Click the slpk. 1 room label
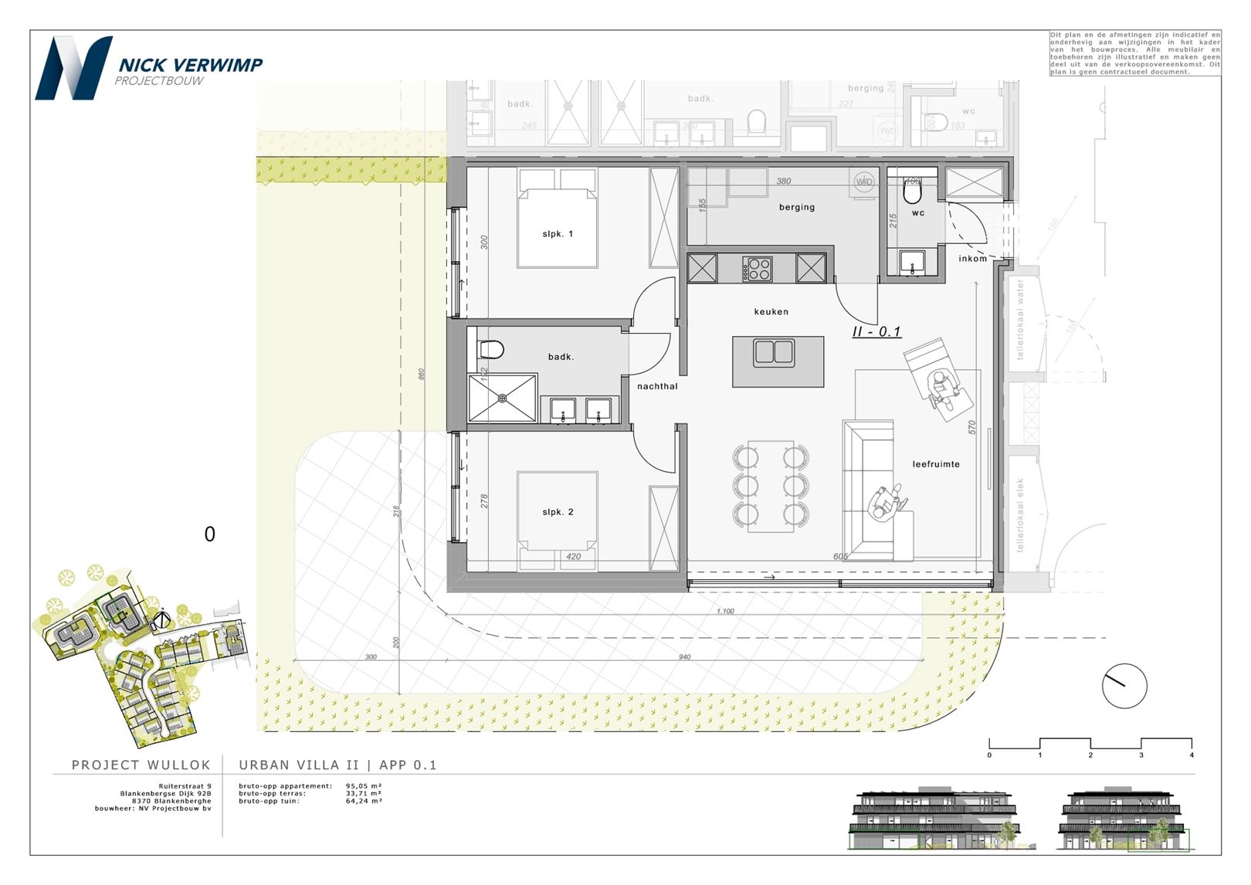[x=558, y=234]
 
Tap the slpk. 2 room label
[x=558, y=512]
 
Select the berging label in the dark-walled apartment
[x=797, y=207]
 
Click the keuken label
[x=771, y=312]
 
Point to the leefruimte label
[x=936, y=464]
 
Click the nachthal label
[x=657, y=386]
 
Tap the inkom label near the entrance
[x=973, y=259]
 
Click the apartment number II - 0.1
[x=876, y=331]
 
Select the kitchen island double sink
[x=774, y=352]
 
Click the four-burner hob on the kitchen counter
[x=758, y=269]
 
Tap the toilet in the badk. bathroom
[x=490, y=350]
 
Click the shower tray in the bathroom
[x=502, y=398]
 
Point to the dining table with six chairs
[x=771, y=486]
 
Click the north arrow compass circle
[x=1124, y=686]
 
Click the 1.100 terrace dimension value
[x=725, y=611]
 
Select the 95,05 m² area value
[x=364, y=786]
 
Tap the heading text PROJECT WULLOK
[x=141, y=765]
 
